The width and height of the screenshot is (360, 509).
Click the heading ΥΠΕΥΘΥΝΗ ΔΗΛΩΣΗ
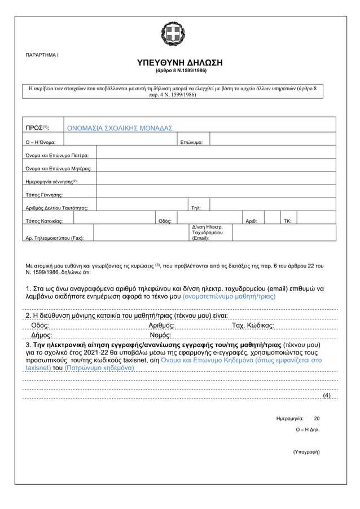[181, 62]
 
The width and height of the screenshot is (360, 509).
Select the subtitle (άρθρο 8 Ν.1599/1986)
[181, 72]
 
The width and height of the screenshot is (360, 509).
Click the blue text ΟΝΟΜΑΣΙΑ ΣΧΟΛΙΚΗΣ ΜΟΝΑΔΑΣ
[120, 128]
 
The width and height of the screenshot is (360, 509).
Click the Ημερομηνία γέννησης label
[52, 182]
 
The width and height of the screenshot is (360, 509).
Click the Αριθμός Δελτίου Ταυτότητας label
[58, 208]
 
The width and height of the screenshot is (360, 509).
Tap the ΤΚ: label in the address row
[288, 221]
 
